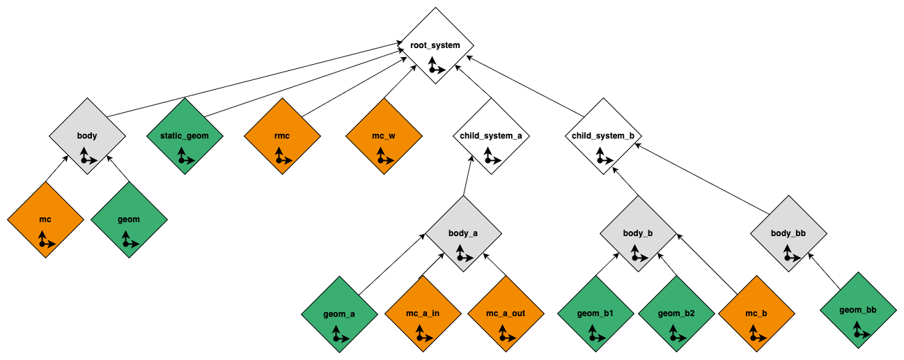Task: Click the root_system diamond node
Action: point(435,46)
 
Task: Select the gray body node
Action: point(87,136)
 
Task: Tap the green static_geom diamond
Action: point(185,136)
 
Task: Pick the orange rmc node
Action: point(282,136)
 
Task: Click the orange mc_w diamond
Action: point(384,136)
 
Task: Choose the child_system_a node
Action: point(491,136)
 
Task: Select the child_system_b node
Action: point(602,136)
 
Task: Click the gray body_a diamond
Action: point(463,234)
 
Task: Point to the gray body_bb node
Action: point(789,234)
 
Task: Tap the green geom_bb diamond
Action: point(859,311)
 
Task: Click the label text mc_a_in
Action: point(423,313)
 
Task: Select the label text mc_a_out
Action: point(506,313)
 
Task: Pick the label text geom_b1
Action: point(595,313)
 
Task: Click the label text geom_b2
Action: point(676,313)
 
